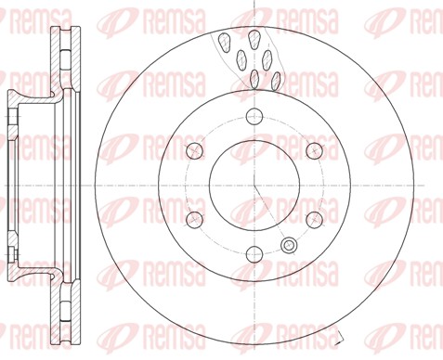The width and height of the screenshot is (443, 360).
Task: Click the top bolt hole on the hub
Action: [x=254, y=116]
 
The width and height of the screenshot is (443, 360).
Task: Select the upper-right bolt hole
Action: [x=311, y=150]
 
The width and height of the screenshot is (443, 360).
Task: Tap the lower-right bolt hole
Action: [x=311, y=218]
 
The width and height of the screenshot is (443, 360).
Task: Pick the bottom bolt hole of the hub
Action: [x=254, y=251]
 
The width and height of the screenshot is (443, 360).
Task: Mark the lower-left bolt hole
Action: [x=195, y=218]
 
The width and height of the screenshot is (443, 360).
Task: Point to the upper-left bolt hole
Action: [x=195, y=150]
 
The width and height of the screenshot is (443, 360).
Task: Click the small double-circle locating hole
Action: [x=288, y=245]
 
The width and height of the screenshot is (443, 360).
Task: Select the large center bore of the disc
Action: [x=254, y=184]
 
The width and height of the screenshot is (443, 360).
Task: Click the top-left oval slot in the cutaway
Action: [x=226, y=40]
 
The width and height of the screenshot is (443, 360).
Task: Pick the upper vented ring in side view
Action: [x=63, y=56]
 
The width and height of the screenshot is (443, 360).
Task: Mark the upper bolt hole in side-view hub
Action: [x=11, y=116]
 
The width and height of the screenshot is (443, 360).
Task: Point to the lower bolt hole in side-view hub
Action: [x=11, y=251]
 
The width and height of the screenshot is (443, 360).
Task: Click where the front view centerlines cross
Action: [x=254, y=184]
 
